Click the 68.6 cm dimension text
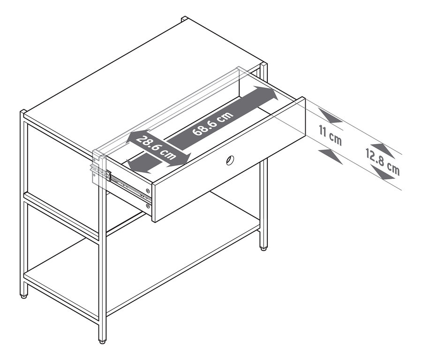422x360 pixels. pos(213,123)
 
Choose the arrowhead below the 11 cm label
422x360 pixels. pos(331,155)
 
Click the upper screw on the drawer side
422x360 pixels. pos(148,191)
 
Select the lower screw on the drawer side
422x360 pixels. pos(148,205)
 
